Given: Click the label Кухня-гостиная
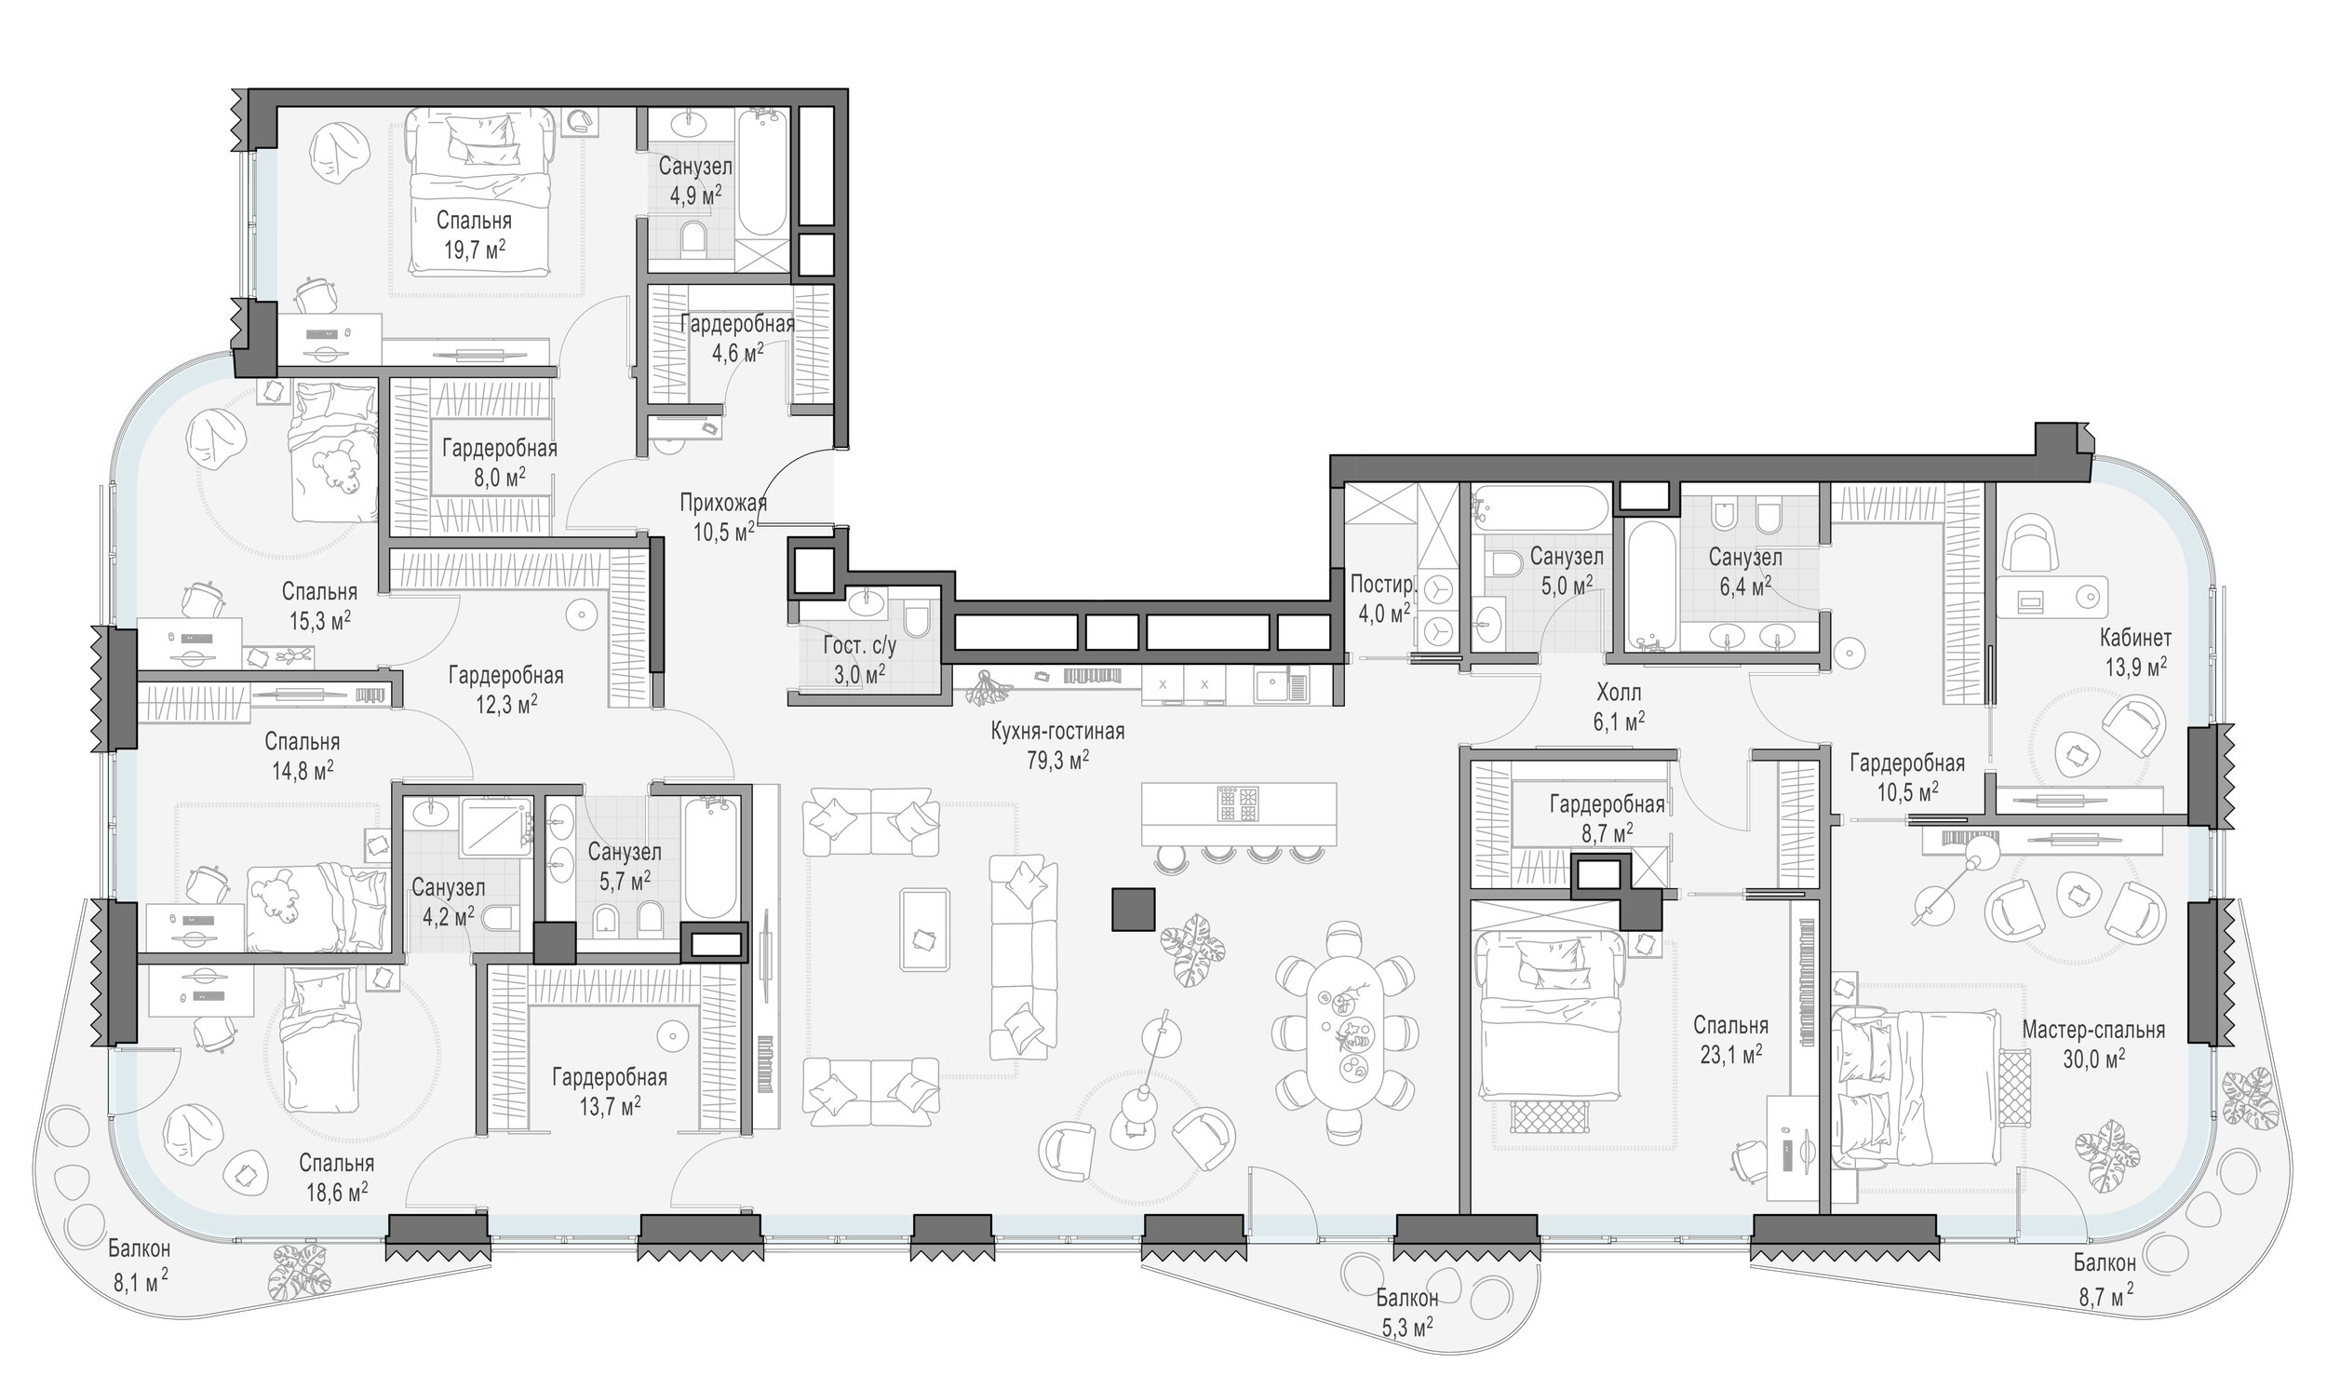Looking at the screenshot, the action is point(1057,732).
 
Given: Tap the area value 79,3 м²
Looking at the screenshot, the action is point(1057,761).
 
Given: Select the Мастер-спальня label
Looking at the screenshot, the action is point(2092,1031).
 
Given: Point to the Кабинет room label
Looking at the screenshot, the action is point(2135,639).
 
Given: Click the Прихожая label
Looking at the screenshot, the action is point(723,503).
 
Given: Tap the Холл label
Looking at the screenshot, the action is point(1619,693).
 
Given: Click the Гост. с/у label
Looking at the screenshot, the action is point(860,646).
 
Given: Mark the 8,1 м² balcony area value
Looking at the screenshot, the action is point(141,1282).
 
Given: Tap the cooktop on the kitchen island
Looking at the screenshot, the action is point(1239,803).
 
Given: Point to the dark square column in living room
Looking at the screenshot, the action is point(1133,910).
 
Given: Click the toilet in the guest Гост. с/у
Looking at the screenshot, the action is point(916,619).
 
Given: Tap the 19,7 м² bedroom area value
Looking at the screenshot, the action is point(475,250).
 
